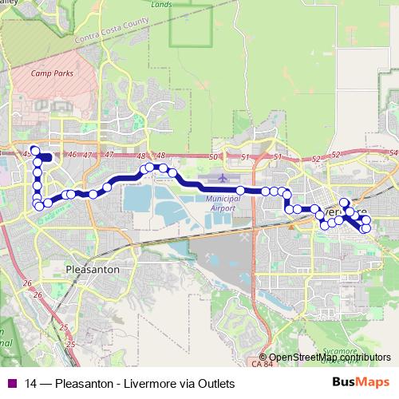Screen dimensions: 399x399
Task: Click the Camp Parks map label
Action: pyautogui.click(x=46, y=73)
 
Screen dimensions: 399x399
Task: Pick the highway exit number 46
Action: pyautogui.click(x=73, y=154)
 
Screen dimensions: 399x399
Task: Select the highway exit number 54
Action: pyautogui.click(x=393, y=152)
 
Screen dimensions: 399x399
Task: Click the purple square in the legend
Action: pyautogui.click(x=12, y=383)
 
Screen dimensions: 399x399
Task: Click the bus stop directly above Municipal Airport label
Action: pyautogui.click(x=240, y=190)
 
